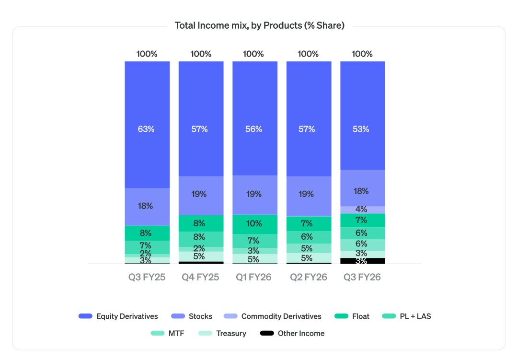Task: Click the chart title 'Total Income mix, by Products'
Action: pos(259,25)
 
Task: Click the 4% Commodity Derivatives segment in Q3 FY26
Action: pos(362,209)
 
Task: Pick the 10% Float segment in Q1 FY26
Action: pos(254,224)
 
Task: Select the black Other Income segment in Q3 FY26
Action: pos(362,261)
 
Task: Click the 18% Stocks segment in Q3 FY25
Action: pos(147,206)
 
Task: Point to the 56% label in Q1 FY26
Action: pos(254,129)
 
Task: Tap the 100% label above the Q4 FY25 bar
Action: pos(201,54)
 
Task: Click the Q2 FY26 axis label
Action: pos(309,277)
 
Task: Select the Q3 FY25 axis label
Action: pos(147,277)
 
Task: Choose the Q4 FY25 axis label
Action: pos(201,277)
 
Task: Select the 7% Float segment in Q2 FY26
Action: pos(309,223)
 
